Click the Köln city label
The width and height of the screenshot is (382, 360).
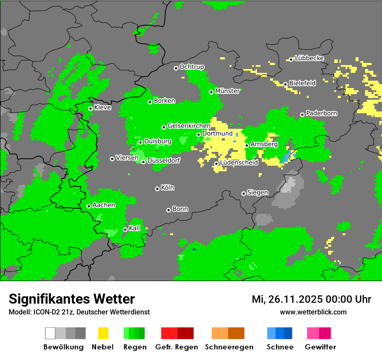(x=167, y=188)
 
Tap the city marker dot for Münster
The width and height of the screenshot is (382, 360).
(x=211, y=92)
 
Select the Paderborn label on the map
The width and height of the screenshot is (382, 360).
(x=321, y=113)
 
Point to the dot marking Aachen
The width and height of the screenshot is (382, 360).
(x=89, y=206)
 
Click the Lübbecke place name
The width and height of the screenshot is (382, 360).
(x=309, y=58)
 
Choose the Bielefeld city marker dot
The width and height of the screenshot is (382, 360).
(x=286, y=84)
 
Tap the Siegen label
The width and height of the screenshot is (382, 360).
(x=257, y=193)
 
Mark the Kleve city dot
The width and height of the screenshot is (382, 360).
(x=91, y=108)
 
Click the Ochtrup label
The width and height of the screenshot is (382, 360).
(x=191, y=67)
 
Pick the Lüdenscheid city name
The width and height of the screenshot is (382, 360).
(x=239, y=163)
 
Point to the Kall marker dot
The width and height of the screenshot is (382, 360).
(x=125, y=229)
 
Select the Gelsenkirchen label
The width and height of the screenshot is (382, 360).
(x=189, y=126)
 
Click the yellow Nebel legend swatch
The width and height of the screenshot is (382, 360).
(x=103, y=333)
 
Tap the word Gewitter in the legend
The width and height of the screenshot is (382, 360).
(x=320, y=347)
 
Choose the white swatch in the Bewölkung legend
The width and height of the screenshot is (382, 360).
(x=50, y=333)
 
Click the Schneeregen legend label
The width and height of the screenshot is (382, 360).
(x=228, y=347)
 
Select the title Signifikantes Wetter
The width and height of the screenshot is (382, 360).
(x=72, y=299)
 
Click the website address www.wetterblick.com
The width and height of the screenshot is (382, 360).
(x=313, y=312)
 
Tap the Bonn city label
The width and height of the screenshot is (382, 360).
(x=180, y=209)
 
